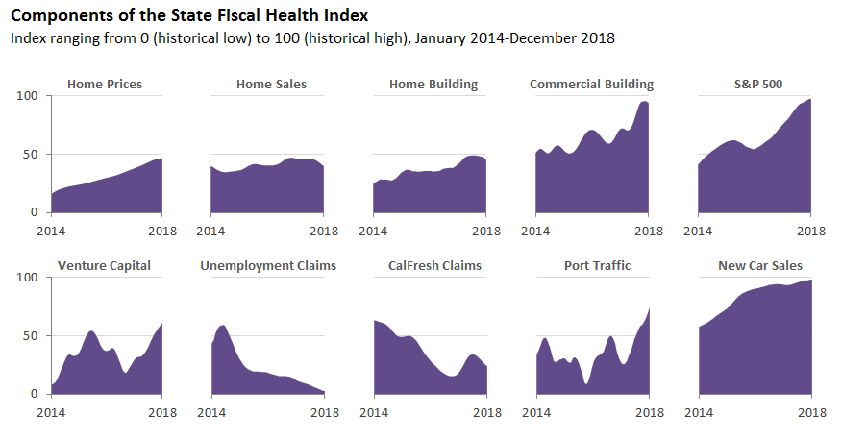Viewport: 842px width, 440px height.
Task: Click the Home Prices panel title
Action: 105,85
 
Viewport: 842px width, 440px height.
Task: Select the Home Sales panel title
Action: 271,85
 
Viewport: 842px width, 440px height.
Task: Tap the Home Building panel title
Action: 433,85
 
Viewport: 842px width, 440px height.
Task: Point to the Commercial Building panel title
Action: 591,85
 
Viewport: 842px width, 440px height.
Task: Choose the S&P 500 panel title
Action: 757,85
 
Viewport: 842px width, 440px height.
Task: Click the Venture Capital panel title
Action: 104,266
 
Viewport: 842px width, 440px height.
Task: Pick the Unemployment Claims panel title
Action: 268,266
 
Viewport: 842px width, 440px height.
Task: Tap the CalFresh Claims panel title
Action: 434,266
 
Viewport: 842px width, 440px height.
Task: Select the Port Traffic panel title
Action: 597,266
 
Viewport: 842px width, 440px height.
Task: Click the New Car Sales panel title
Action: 759,266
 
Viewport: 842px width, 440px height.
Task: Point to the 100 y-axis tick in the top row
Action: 27,96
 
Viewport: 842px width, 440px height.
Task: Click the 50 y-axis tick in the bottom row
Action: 31,335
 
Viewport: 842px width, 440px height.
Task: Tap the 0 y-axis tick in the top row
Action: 34,212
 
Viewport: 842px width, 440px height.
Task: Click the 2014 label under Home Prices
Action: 52,232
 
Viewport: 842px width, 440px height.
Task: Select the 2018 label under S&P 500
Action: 812,232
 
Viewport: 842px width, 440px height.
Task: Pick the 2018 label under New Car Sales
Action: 812,413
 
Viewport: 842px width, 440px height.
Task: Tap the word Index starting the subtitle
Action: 27,38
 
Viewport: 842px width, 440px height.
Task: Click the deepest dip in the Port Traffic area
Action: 585,383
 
